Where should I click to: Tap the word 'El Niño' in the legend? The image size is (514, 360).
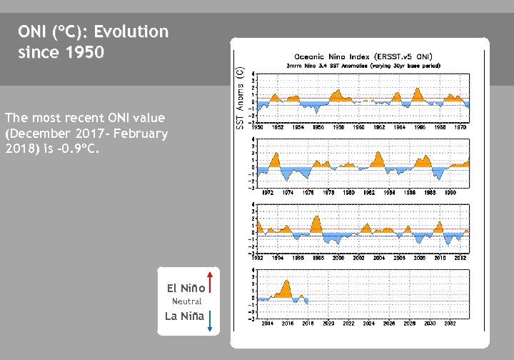pyautogui.click(x=186, y=289)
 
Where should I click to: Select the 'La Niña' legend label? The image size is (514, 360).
pyautogui.click(x=184, y=316)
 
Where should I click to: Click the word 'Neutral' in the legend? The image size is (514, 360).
pyautogui.click(x=186, y=301)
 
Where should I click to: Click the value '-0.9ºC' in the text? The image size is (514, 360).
pyautogui.click(x=86, y=151)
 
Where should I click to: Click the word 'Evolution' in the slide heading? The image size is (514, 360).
pyautogui.click(x=131, y=32)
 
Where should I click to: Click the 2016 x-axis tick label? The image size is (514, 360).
pyautogui.click(x=288, y=324)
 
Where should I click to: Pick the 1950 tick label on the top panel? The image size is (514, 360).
pyautogui.click(x=258, y=126)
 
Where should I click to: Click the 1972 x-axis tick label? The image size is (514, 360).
pyautogui.click(x=268, y=192)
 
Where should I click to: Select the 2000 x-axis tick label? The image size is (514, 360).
pyautogui.click(x=338, y=258)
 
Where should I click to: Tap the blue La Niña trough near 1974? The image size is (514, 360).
pyautogui.click(x=288, y=176)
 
